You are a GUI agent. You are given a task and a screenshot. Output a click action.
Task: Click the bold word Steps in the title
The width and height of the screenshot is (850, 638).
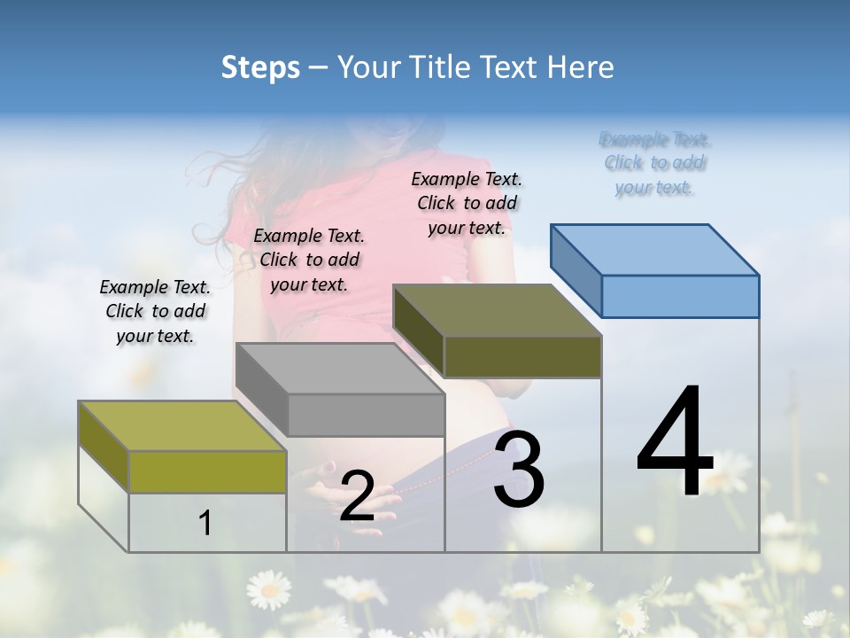(260, 67)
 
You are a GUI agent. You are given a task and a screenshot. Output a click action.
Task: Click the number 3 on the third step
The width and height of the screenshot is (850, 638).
(519, 469)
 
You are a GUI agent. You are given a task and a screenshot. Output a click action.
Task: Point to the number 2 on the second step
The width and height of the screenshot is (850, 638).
(357, 496)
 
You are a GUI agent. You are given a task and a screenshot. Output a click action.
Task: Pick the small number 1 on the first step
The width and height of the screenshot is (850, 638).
(205, 524)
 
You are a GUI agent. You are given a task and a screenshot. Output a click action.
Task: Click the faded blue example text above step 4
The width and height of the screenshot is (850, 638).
(655, 163)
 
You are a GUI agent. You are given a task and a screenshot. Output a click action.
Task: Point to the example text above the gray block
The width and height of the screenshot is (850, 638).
(309, 260)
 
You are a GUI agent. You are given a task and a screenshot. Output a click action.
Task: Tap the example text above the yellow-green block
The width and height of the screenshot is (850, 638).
(155, 311)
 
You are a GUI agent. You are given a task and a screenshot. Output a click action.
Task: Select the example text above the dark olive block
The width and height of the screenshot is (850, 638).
(467, 203)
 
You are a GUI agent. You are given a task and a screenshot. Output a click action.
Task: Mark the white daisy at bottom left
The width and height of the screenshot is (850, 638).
(268, 587)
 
